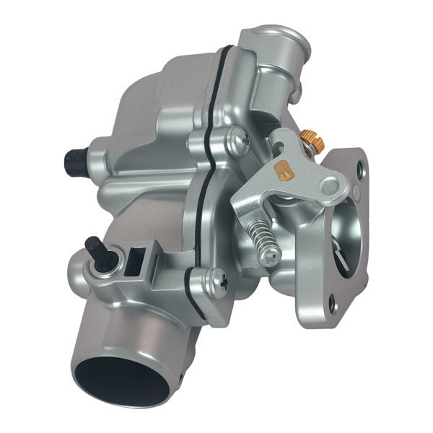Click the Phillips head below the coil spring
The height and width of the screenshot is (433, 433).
tap(272, 255)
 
